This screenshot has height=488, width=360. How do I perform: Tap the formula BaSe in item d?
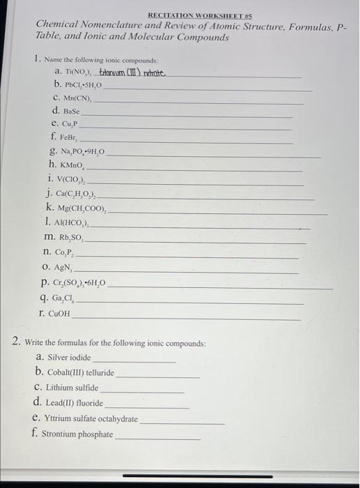(71, 111)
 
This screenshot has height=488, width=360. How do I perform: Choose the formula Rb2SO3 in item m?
(74, 238)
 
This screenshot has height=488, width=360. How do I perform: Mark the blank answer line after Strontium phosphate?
(157, 438)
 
